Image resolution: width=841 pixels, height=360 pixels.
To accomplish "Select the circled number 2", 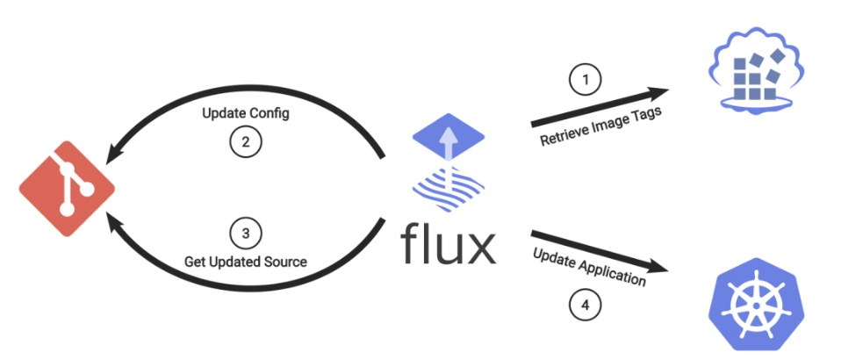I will [x=247, y=141].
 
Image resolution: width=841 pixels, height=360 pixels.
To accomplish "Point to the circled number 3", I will [x=245, y=234].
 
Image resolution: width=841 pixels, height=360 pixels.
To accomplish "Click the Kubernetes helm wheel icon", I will [x=751, y=302].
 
